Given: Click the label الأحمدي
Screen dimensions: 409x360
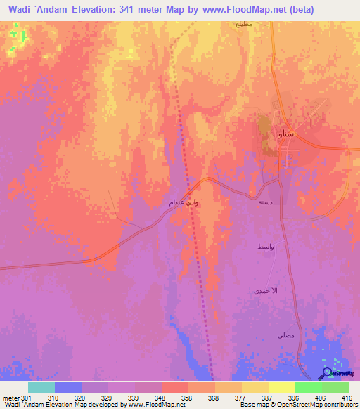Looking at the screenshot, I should pyautogui.click(x=266, y=290).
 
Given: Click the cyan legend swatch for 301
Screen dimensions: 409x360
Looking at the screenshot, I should pyautogui.click(x=41, y=387).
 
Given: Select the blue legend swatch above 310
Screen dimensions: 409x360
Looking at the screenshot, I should pyautogui.click(x=68, y=387).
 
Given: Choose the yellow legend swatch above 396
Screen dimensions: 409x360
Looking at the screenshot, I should pyautogui.click(x=281, y=387).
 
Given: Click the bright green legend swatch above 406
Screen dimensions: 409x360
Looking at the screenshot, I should pyautogui.click(x=308, y=387).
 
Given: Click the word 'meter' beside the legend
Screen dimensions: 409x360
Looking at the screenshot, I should pyautogui.click(x=10, y=397).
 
